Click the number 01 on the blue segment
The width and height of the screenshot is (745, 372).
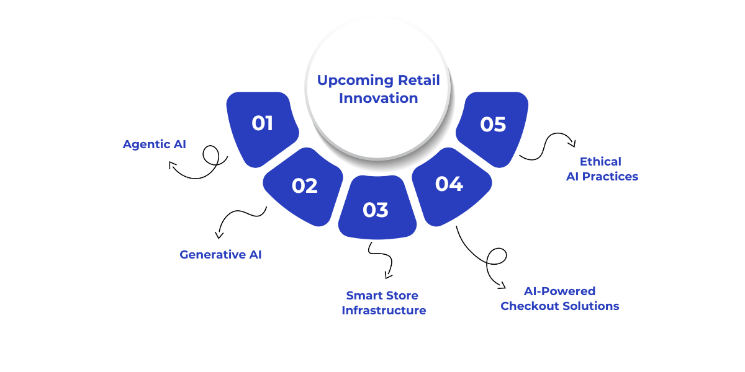point(263,123)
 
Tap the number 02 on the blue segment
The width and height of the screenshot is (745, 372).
point(304,186)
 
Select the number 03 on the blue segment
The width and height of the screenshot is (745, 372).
point(376,210)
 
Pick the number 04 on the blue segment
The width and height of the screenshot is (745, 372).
point(449,184)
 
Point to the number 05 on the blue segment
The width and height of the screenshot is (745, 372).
point(493,125)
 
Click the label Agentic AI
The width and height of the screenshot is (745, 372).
point(155,144)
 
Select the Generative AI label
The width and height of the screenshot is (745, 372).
point(220,254)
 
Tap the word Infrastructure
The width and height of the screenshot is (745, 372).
point(384,311)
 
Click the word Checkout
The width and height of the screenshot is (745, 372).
point(525,306)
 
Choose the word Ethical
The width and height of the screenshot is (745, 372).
point(600,162)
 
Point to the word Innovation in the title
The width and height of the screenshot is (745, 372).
point(378,98)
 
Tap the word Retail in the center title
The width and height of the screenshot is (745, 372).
point(419,81)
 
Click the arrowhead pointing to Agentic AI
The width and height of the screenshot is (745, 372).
point(172,165)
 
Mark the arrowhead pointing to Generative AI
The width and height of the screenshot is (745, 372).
point(218,235)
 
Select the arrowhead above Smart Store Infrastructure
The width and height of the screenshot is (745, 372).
point(388,275)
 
